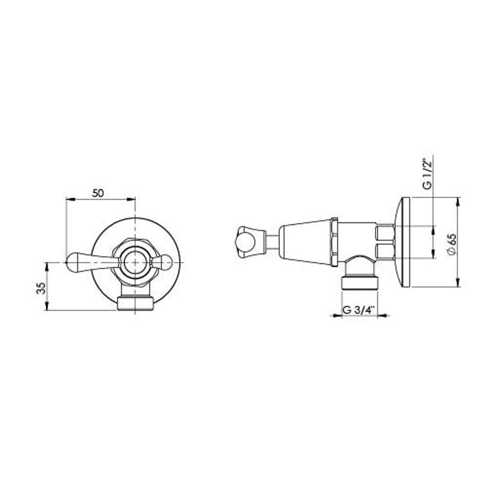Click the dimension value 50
[x=98, y=193]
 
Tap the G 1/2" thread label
[x=428, y=174]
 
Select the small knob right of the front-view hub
[x=164, y=262]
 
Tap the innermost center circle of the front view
[x=135, y=262]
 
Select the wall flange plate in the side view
[x=404, y=242]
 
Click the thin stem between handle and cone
[x=272, y=242]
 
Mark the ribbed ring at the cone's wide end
[x=334, y=242]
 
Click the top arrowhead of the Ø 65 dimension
[x=457, y=200]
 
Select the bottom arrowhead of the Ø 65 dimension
[x=457, y=284]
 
